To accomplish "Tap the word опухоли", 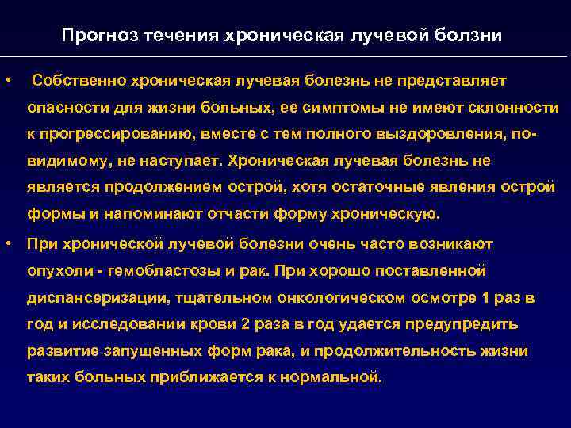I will tap(59, 270).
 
